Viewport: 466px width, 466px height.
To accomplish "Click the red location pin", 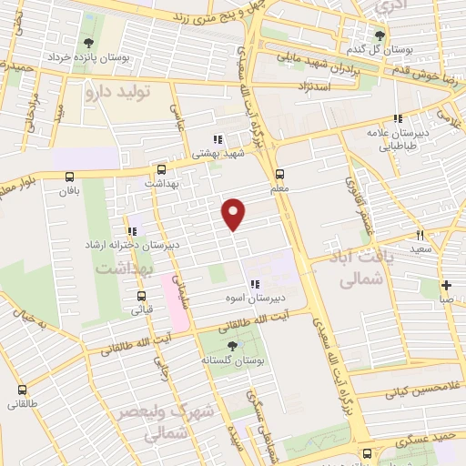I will (234, 213).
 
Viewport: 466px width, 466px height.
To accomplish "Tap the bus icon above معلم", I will (279, 174).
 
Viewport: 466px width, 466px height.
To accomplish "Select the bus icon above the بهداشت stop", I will (161, 169).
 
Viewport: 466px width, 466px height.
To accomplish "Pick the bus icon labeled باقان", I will (69, 177).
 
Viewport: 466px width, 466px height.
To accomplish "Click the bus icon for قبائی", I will (141, 296).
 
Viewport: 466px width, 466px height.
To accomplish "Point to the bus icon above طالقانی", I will (20, 389).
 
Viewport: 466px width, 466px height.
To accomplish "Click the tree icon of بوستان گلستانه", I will (232, 345).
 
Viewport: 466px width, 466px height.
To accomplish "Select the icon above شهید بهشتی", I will (217, 140).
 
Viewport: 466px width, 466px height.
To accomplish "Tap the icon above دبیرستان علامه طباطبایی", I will (397, 118).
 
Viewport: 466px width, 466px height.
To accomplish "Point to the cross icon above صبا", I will (446, 285).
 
